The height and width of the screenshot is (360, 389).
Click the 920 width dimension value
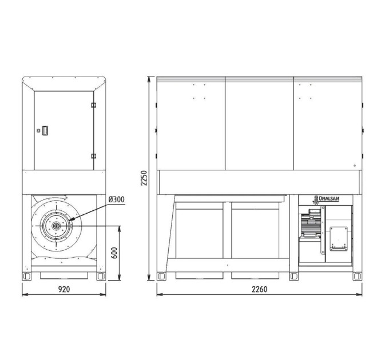64,289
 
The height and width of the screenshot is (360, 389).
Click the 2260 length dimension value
260,289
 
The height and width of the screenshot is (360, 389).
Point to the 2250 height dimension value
144,178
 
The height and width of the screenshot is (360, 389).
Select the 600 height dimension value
114,253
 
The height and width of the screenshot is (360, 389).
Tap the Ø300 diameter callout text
116,199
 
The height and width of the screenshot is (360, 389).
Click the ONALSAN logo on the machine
326,199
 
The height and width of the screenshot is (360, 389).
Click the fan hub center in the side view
56,226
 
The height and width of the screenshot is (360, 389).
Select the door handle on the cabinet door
45,130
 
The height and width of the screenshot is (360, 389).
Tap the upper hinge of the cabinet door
93,105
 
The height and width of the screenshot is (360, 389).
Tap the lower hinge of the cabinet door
93,156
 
